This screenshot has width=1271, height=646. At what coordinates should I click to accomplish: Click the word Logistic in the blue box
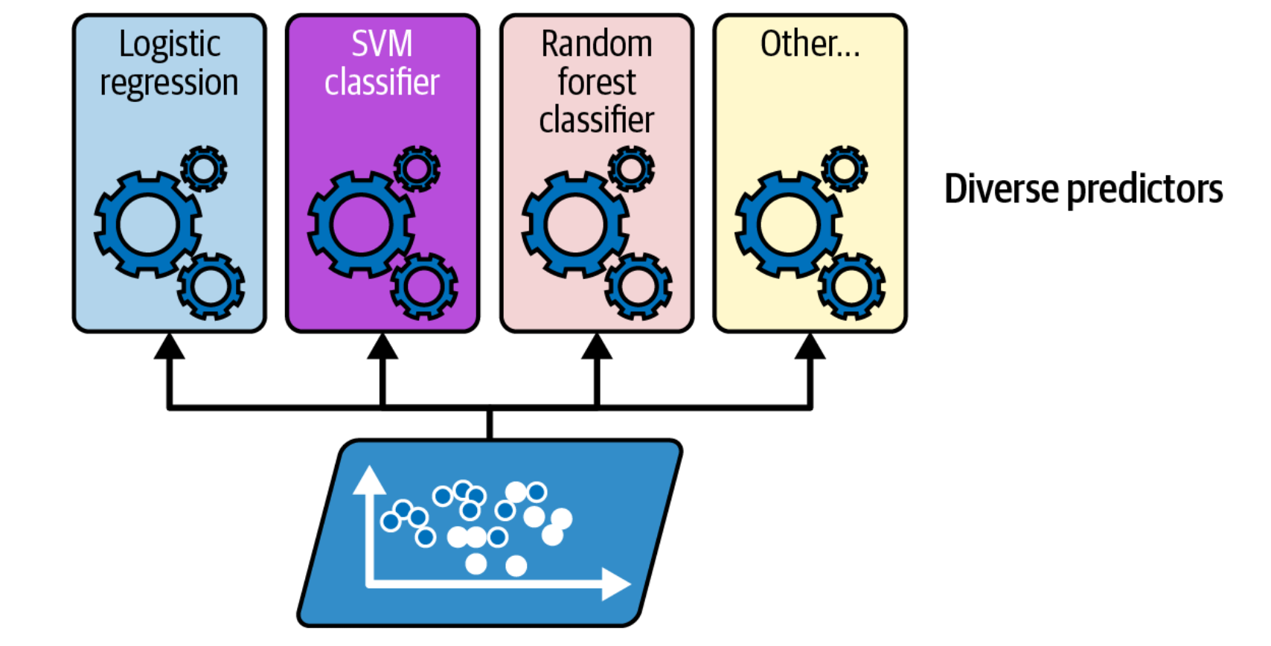pos(170,45)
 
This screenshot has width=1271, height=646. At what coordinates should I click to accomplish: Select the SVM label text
pos(382,44)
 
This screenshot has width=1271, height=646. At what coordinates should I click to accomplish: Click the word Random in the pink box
pos(597,44)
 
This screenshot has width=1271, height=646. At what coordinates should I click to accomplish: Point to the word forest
pos(597,82)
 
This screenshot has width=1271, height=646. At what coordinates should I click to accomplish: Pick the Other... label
pos(810,44)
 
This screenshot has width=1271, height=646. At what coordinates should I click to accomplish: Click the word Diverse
pos(1002,189)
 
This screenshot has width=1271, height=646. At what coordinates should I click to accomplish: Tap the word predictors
pos(1145,191)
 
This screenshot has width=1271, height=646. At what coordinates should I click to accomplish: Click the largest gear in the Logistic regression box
pos(148,225)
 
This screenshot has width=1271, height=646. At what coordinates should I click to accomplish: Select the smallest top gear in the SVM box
pos(417,168)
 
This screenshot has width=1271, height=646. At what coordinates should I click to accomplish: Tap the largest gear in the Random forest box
pos(575,225)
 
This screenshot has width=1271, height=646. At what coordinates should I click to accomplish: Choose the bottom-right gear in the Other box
pos(852,287)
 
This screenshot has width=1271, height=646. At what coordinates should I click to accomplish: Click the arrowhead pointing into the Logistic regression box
pos(170,346)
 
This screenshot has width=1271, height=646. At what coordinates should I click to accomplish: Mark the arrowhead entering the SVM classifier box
pos(382,346)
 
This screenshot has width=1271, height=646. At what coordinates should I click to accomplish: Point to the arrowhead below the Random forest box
pos(597,346)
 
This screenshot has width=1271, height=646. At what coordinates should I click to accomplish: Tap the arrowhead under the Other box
pos(810,346)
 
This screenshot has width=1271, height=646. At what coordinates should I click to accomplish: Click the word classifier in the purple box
pos(382,82)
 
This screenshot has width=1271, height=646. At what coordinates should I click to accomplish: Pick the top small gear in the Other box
pos(845,168)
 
